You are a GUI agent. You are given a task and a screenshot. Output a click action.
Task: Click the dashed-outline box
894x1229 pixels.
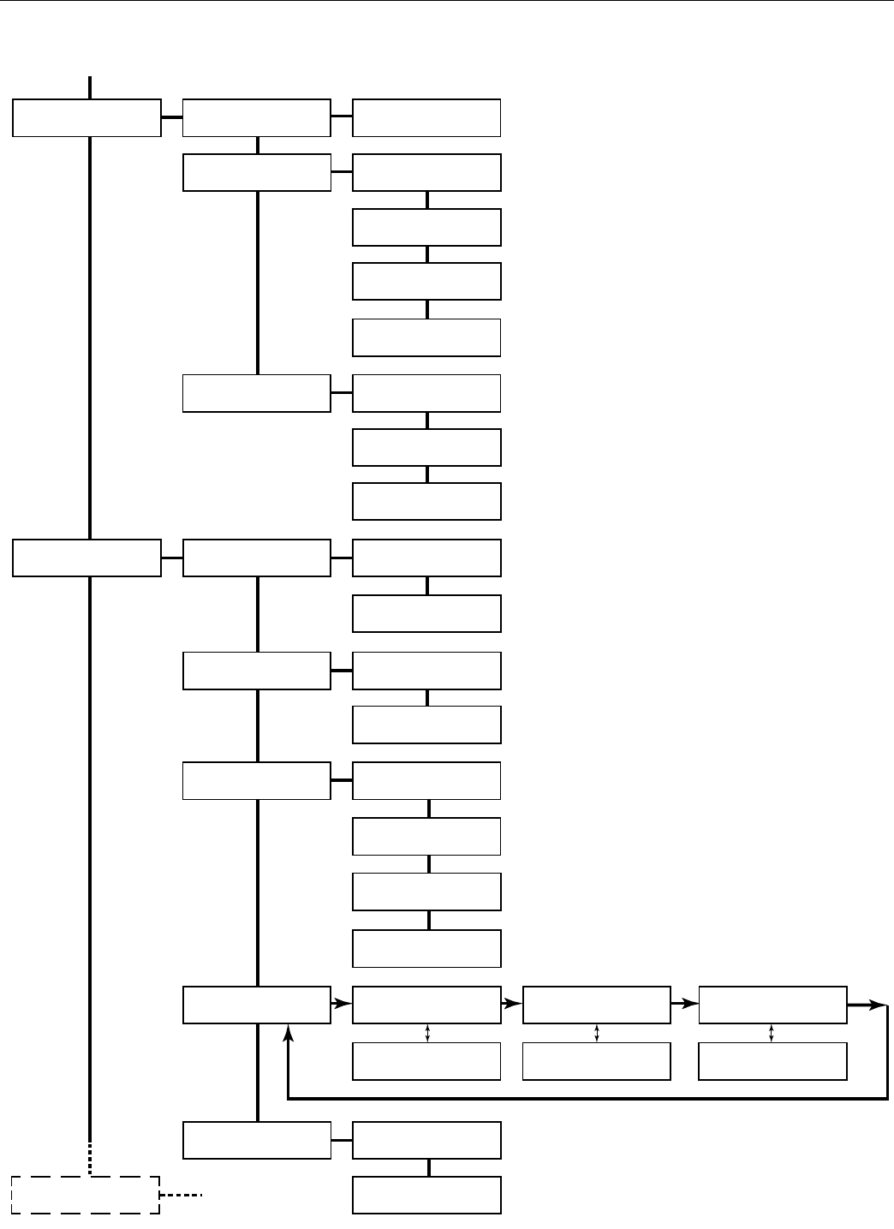pos(86,1195)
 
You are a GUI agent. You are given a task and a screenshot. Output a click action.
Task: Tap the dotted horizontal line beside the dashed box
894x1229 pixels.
pos(182,1195)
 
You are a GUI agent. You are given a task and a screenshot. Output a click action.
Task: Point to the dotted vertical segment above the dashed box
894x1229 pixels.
pos(89,1157)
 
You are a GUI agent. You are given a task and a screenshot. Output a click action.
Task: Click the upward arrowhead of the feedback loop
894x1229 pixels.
pos(289,1037)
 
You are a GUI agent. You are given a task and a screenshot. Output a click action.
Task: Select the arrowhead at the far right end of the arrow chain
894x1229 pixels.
pos(879,1005)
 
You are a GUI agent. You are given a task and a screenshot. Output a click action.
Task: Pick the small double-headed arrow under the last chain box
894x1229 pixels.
pos(772,1033)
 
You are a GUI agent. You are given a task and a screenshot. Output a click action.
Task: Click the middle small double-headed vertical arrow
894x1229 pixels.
pos(596,1033)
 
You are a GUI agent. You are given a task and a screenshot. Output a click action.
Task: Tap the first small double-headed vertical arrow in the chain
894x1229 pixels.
pos(427,1033)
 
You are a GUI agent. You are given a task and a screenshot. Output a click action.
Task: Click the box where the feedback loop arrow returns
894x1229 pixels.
pos(257,1005)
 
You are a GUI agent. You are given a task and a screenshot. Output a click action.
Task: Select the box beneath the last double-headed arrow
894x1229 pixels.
pos(772,1061)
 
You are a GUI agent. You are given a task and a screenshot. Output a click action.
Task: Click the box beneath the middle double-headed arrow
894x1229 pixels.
pos(596,1061)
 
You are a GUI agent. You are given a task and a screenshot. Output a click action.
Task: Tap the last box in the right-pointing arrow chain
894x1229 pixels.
pos(772,1005)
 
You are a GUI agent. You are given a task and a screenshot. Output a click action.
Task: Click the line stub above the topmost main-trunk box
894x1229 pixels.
pos(89,87)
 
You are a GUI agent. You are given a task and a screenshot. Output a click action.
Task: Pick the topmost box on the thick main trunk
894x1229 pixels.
pos(86,118)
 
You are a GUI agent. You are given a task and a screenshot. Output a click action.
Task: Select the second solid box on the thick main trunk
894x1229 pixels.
pos(86,558)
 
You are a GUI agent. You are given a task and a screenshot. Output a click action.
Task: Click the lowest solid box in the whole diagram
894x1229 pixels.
pos(426,1195)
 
